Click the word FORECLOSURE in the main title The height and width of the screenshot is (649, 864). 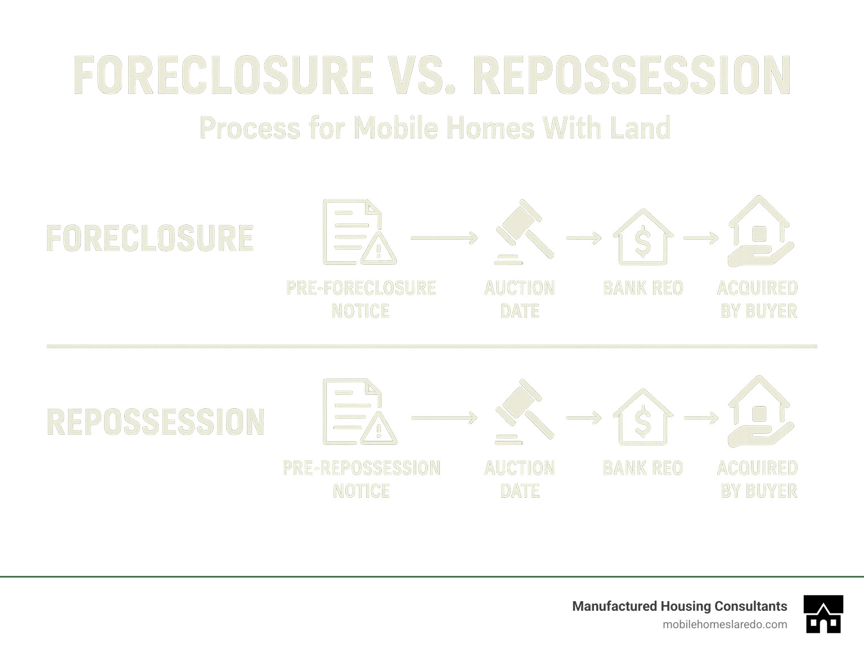[x=223, y=75]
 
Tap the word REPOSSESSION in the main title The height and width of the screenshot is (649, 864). [x=632, y=75]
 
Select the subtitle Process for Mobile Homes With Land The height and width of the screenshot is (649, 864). [x=435, y=128]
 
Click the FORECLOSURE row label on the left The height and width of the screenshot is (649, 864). [x=150, y=238]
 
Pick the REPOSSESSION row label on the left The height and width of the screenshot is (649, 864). [x=155, y=422]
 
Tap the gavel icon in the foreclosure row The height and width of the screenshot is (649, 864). [x=523, y=232]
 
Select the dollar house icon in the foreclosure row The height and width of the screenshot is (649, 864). [x=642, y=238]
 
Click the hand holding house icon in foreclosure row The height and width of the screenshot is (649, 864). [x=760, y=232]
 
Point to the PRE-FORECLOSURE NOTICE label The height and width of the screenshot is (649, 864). [x=361, y=299]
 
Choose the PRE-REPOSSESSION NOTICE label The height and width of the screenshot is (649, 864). [x=361, y=479]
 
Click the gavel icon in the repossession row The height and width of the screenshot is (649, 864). [x=523, y=412]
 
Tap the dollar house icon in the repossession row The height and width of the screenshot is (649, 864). [x=642, y=418]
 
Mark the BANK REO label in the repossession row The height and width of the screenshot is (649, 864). [x=642, y=468]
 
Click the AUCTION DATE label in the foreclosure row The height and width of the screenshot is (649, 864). [x=520, y=299]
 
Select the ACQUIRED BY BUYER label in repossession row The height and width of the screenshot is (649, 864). [x=758, y=479]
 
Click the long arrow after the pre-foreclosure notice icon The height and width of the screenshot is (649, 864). [x=444, y=238]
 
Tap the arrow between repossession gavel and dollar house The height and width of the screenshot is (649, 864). [x=584, y=418]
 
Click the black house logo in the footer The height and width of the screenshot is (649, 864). [x=823, y=614]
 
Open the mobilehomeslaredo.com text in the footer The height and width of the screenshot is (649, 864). [x=724, y=624]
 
